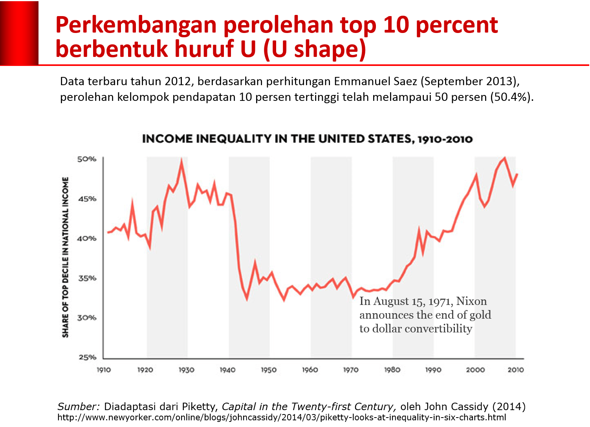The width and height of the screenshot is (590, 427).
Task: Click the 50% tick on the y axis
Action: [x=86, y=159]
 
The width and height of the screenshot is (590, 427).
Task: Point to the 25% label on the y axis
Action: [x=86, y=357]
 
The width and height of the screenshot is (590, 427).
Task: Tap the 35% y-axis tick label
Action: [x=86, y=278]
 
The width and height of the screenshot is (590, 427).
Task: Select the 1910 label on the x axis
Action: [x=104, y=370]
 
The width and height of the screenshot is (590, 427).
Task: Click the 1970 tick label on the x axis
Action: [x=351, y=370]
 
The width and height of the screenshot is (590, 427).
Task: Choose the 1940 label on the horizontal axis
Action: [x=227, y=370]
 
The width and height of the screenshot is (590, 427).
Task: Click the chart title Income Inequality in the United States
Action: [x=307, y=139]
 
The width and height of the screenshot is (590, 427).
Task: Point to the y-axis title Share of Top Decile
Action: [x=65, y=257]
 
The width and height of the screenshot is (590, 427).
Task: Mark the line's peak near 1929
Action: [x=181, y=160]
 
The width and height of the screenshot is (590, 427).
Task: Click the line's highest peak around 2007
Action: [x=505, y=158]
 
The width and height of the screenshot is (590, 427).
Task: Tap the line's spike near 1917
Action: [x=132, y=202]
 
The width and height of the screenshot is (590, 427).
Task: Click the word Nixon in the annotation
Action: [x=471, y=301]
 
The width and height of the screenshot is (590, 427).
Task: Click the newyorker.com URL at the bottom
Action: [x=282, y=417]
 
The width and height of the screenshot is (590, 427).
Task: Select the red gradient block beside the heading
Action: [x=19, y=33]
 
